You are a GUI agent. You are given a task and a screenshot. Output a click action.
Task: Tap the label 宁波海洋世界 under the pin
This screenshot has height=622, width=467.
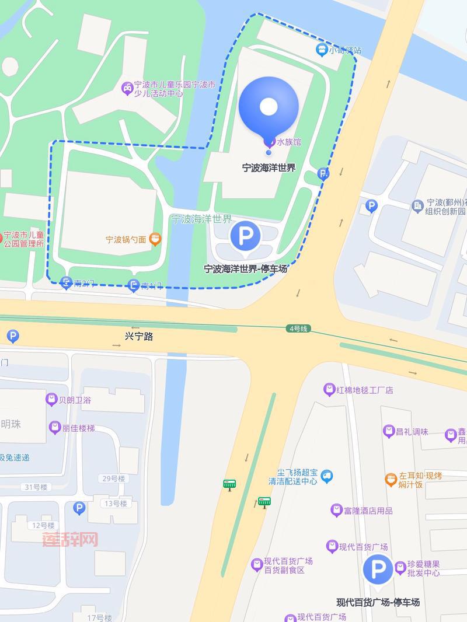click(x=269, y=168)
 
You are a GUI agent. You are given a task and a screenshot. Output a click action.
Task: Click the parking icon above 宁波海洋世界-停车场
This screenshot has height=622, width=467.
click(x=245, y=237)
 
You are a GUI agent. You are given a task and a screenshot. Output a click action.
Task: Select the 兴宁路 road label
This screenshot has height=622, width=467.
click(x=139, y=336)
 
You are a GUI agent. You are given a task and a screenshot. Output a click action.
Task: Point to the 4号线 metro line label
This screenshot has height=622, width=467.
click(x=297, y=329)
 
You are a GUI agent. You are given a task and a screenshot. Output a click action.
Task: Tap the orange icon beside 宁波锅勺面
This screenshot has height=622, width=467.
click(x=155, y=239)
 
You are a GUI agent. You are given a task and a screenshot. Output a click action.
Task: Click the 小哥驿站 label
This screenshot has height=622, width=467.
click(x=344, y=50)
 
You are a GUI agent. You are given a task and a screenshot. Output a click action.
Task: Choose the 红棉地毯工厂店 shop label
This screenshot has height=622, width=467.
click(x=365, y=390)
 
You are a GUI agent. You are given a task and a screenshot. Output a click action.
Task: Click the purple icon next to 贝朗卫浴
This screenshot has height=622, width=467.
click(x=51, y=400)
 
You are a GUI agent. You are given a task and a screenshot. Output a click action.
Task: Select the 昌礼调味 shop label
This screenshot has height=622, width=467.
click(x=412, y=432)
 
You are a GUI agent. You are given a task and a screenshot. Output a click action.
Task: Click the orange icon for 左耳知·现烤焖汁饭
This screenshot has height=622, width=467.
click(x=391, y=480)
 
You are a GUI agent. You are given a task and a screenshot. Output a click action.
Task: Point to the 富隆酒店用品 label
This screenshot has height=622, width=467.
click(x=368, y=511)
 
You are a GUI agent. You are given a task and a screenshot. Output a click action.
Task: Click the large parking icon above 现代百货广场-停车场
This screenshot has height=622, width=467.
click(x=378, y=569)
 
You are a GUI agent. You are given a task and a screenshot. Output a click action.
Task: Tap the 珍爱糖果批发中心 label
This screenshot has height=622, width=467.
click(x=423, y=568)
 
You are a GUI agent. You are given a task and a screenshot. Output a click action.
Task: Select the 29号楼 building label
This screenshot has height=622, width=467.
click(x=114, y=478)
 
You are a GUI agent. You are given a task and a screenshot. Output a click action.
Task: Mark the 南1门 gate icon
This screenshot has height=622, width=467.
click(x=134, y=285)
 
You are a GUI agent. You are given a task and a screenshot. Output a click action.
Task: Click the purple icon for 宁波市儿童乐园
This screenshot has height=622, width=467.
click(x=127, y=88)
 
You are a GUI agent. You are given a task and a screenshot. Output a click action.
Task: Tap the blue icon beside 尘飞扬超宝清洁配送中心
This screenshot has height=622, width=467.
click(x=326, y=477)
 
